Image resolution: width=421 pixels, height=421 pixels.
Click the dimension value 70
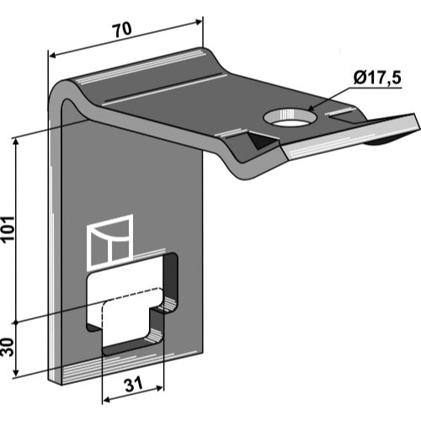122,29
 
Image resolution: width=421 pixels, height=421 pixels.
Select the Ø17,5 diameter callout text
377,78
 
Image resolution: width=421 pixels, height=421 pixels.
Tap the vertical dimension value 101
8,228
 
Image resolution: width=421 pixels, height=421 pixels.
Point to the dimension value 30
8,347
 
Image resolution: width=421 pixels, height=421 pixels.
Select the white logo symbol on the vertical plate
110,241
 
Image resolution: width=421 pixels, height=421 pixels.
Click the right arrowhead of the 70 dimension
198,22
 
